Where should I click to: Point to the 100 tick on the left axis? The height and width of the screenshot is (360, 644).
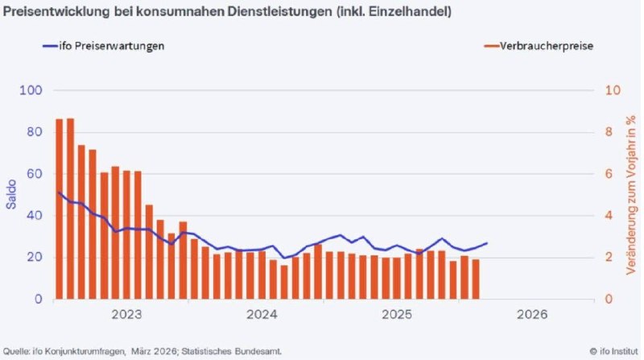[32, 90]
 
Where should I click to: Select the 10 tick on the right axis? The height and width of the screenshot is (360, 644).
[611, 90]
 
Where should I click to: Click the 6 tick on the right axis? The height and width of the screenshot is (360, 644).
[608, 174]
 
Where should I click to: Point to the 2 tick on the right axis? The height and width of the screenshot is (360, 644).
[608, 258]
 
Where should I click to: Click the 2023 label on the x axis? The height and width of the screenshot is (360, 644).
[126, 314]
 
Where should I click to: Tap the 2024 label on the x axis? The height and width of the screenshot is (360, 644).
[262, 314]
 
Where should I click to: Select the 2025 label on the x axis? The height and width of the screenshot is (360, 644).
[397, 314]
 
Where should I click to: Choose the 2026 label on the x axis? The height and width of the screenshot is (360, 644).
[532, 314]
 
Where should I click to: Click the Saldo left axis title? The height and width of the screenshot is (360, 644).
[11, 195]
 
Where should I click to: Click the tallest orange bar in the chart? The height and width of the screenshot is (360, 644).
[70, 209]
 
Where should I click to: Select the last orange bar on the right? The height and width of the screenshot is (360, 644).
[476, 279]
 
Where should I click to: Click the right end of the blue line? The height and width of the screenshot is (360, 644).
[486, 243]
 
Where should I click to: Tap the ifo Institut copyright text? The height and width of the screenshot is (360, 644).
[614, 351]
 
